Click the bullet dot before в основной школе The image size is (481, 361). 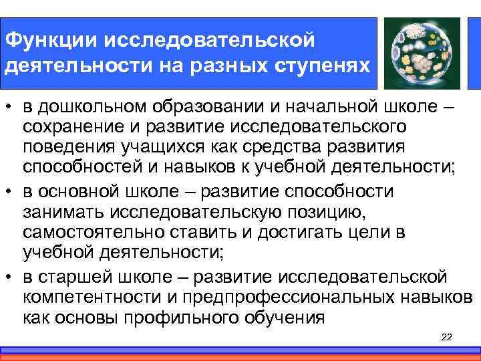(x=10, y=192)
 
